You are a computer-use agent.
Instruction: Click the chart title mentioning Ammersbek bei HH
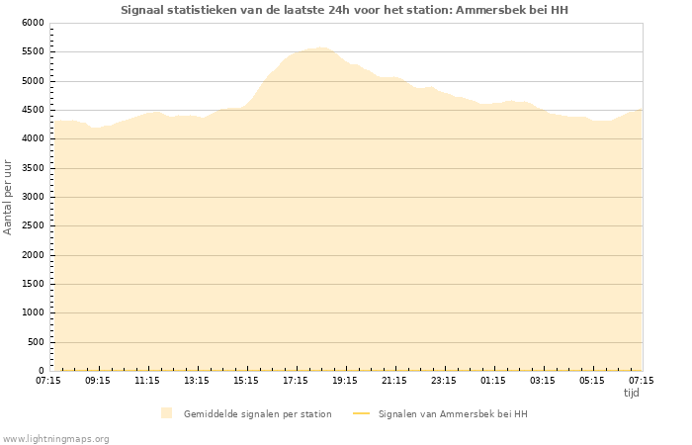pyautogui.click(x=344, y=10)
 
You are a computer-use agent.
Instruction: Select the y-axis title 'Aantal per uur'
pyautogui.click(x=9, y=197)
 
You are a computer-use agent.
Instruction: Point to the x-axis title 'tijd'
pyautogui.click(x=632, y=393)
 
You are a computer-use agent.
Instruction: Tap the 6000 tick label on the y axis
pyautogui.click(x=33, y=23)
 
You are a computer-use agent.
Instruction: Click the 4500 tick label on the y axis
pyautogui.click(x=33, y=110)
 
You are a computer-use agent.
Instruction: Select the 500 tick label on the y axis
pyautogui.click(x=36, y=342)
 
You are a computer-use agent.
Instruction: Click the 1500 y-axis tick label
pyautogui.click(x=33, y=285)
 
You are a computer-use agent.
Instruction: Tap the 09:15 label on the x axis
pyautogui.click(x=98, y=380)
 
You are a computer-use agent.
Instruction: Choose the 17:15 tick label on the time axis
pyautogui.click(x=296, y=380)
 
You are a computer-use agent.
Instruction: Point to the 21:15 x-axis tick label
pyautogui.click(x=394, y=380)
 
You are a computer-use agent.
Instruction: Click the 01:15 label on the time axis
pyautogui.click(x=493, y=380)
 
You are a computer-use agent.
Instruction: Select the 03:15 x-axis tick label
pyautogui.click(x=543, y=380)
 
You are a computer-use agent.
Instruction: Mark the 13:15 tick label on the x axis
pyautogui.click(x=197, y=380)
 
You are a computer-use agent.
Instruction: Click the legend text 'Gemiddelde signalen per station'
pyautogui.click(x=257, y=413)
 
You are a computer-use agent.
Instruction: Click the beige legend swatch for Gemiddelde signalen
pyautogui.click(x=166, y=413)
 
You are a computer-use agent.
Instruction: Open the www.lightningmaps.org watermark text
pyautogui.click(x=56, y=438)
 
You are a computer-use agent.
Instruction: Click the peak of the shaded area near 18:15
pyautogui.click(x=321, y=47)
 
